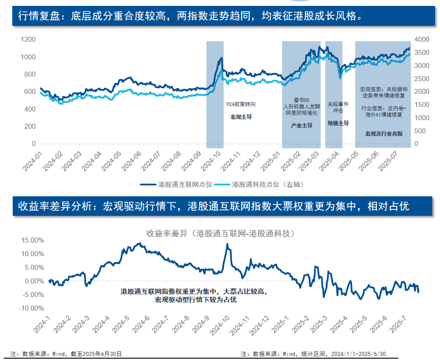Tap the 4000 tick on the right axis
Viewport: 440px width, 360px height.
click(421, 40)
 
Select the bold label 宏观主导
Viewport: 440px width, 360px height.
click(241, 117)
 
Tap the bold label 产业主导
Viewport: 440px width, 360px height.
click(302, 126)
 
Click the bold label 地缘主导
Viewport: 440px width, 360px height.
click(338, 123)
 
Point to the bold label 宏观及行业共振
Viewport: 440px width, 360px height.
click(384, 134)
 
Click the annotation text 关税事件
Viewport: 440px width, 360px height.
click(338, 104)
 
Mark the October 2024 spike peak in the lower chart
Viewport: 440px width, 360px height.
click(227, 244)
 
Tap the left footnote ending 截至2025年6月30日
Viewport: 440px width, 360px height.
click(66, 354)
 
